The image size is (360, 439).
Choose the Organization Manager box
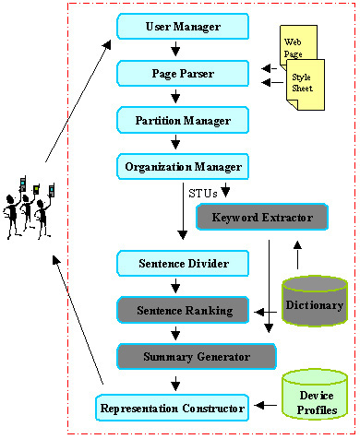pos(182,167)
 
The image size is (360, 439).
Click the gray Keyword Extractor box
pos(262,218)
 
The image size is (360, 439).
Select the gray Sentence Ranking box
pos(182,310)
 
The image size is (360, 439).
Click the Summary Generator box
pos(197,355)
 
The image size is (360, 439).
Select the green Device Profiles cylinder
pos(318,395)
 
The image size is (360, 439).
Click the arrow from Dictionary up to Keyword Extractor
pos(296,255)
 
